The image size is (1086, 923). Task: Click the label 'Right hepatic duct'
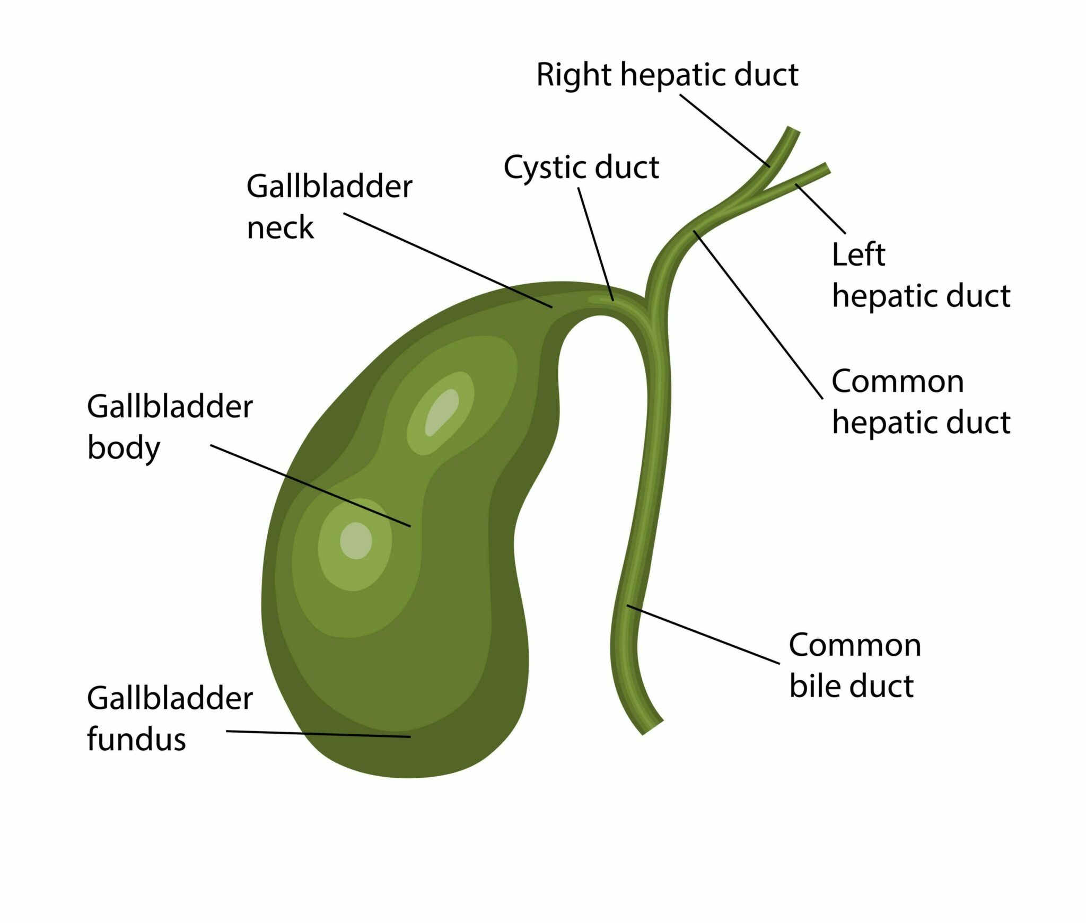pos(667,75)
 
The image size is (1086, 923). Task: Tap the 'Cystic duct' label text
pos(581,168)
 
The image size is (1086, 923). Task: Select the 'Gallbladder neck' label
pos(329,207)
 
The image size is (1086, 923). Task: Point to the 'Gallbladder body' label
pos(170,427)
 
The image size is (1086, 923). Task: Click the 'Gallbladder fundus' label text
pos(170,719)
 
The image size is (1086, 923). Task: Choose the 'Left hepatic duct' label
pos(921,276)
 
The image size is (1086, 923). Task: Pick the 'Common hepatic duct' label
pos(921,402)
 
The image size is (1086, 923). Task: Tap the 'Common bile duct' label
pos(855,666)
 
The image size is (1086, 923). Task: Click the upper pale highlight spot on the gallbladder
pos(442,413)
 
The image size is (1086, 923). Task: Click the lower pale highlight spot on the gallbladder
pos(356,541)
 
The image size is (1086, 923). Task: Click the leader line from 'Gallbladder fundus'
pos(318,734)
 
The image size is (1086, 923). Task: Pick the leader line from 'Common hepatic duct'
pos(758,315)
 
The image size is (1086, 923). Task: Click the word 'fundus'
pos(136,739)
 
